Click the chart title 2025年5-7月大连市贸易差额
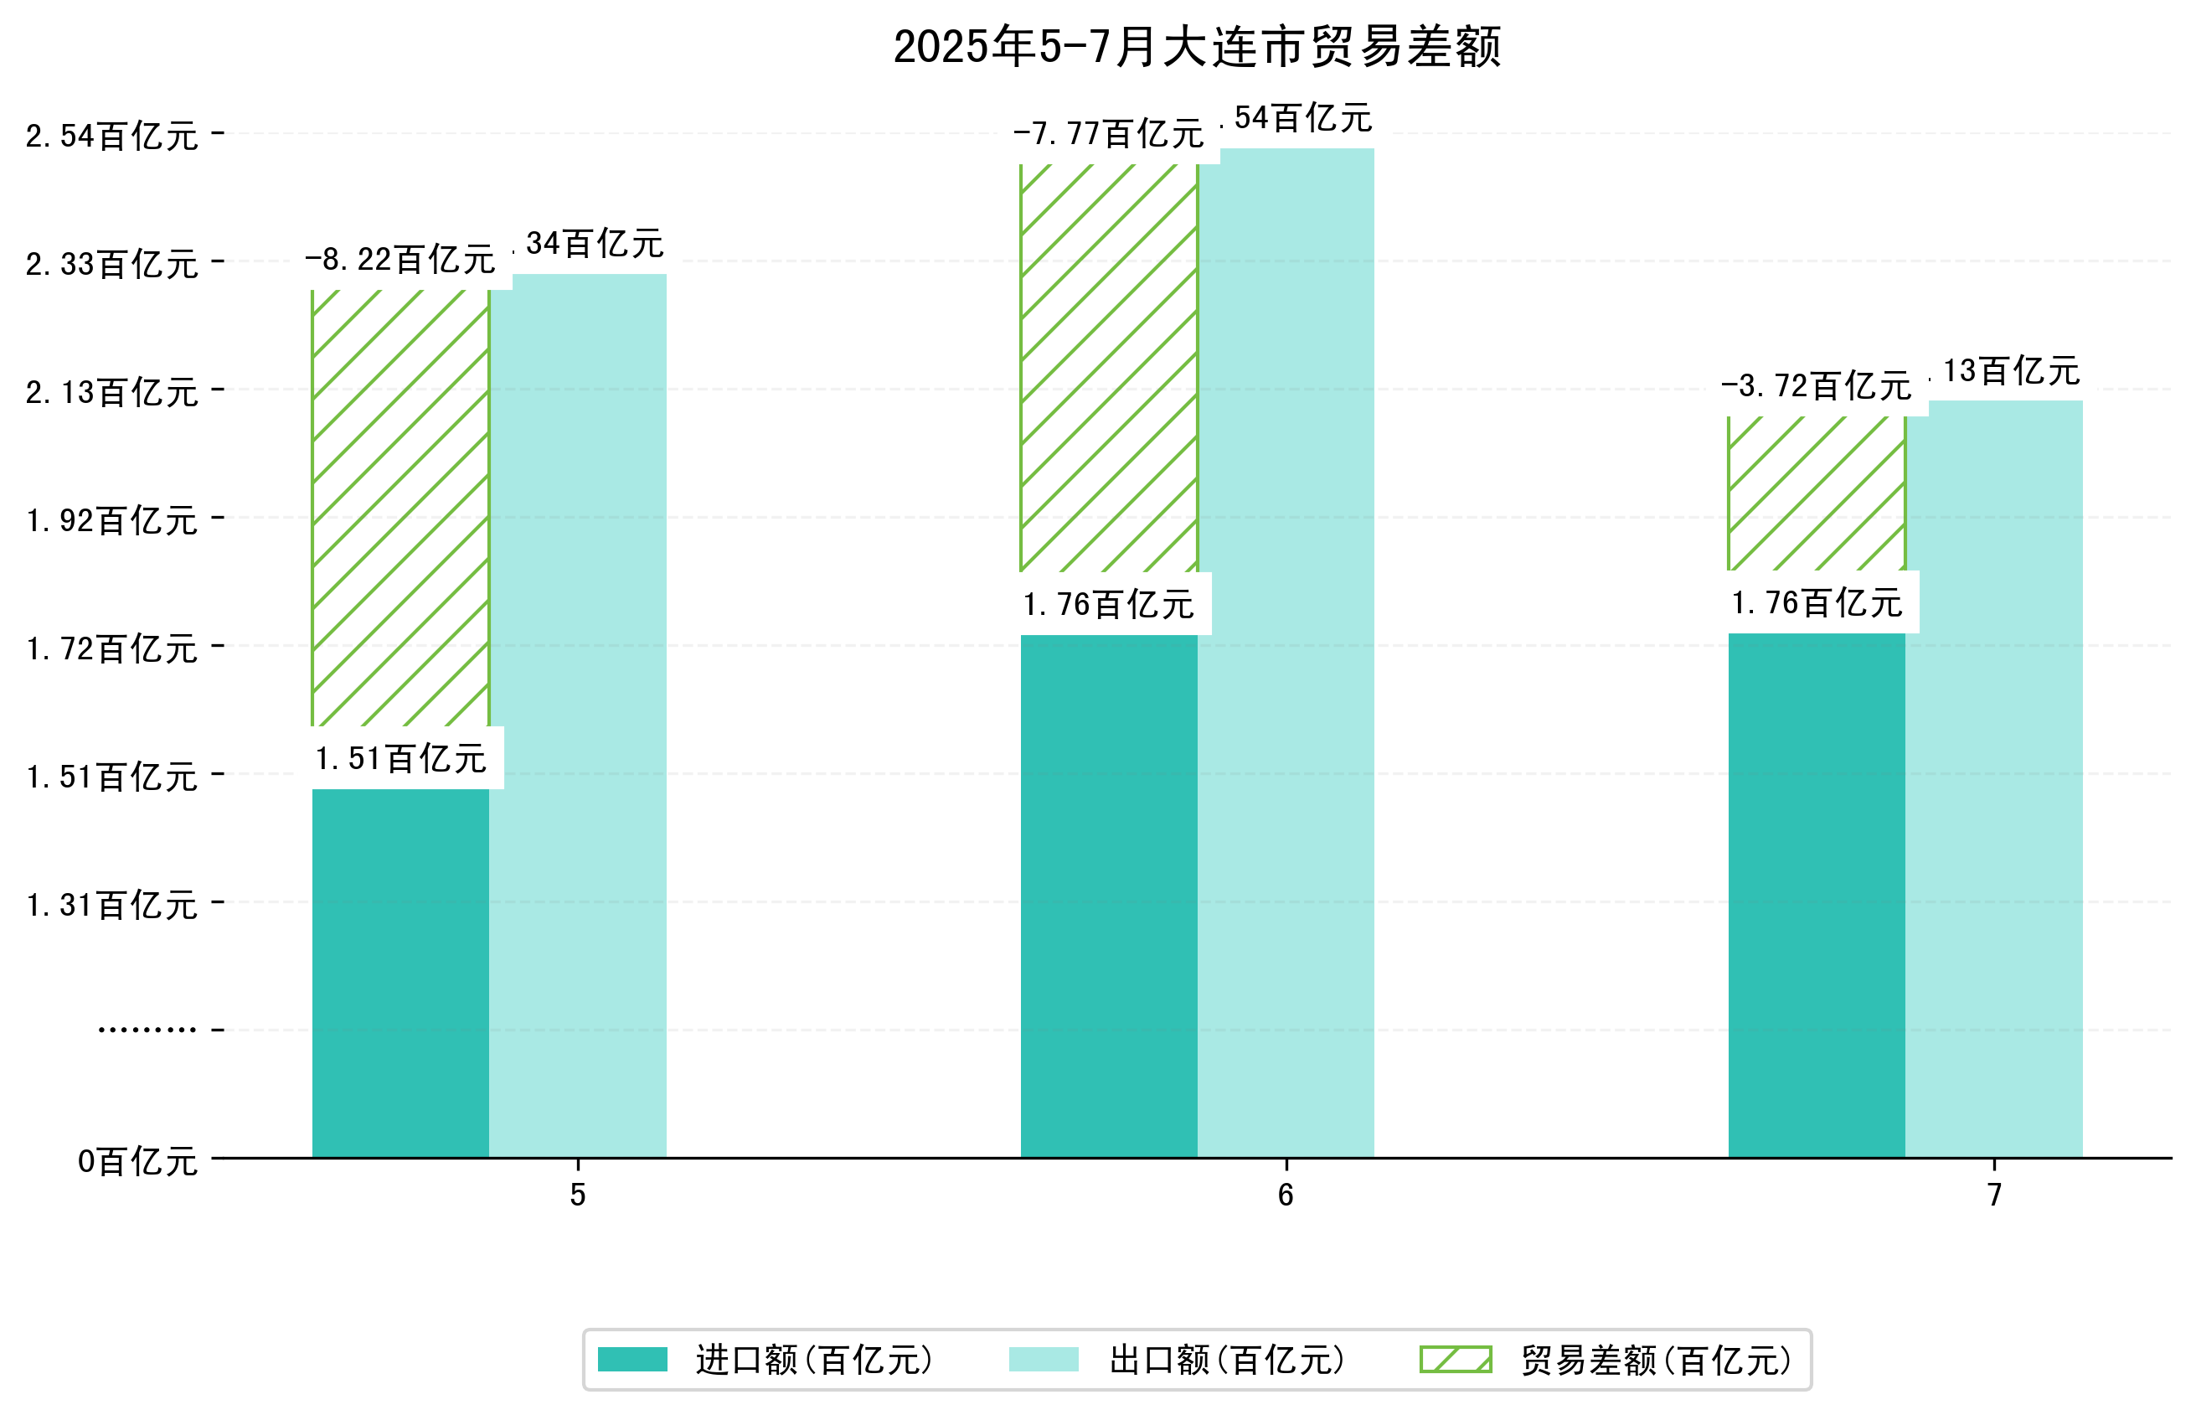tap(1196, 47)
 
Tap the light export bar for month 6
tap(1285, 653)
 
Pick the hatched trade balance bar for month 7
tap(1816, 493)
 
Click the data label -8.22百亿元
tap(400, 260)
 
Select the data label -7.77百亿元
tap(1108, 134)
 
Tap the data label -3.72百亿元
tap(1816, 386)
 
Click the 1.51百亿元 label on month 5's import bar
tap(400, 758)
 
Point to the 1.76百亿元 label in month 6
tap(1109, 604)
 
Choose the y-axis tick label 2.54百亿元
tap(111, 136)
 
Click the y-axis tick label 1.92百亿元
tap(111, 520)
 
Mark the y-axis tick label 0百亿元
tap(137, 1160)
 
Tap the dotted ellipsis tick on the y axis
tap(147, 1029)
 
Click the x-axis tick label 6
tap(1285, 1195)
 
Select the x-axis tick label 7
tap(1993, 1195)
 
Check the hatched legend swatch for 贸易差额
tap(1455, 1359)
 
